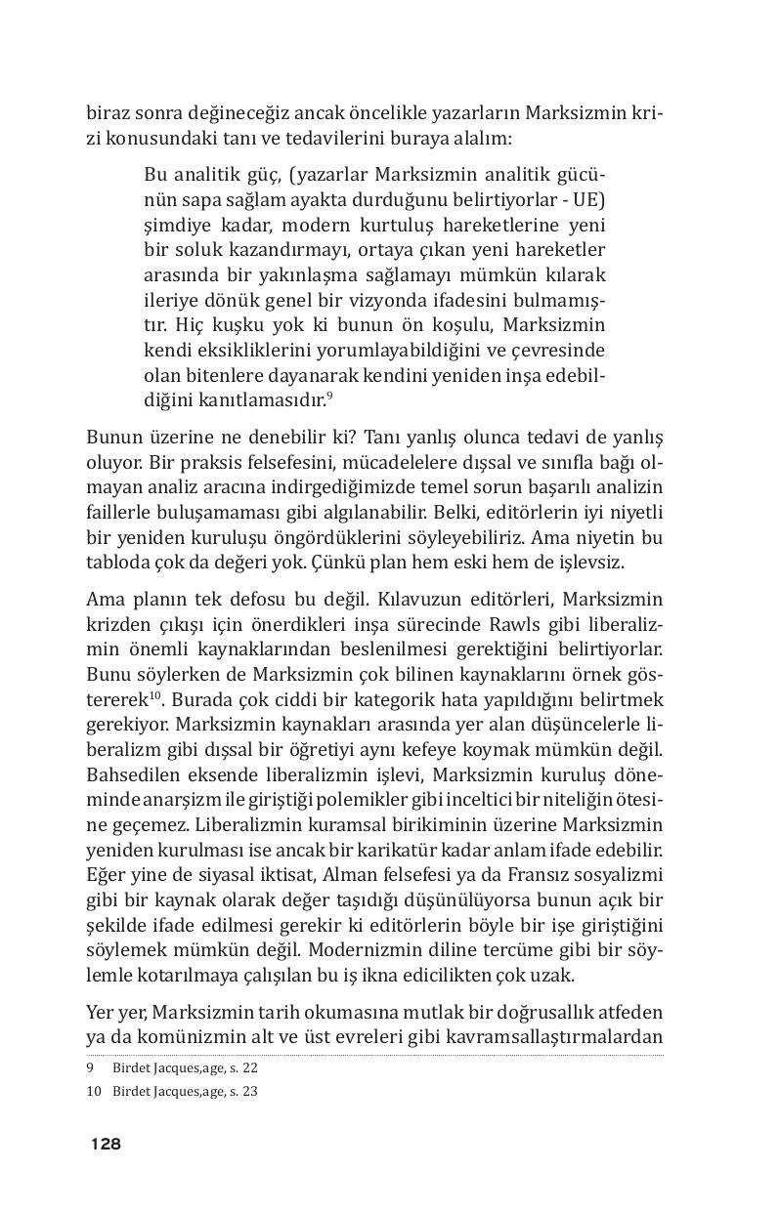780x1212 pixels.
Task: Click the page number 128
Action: coord(106,1144)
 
